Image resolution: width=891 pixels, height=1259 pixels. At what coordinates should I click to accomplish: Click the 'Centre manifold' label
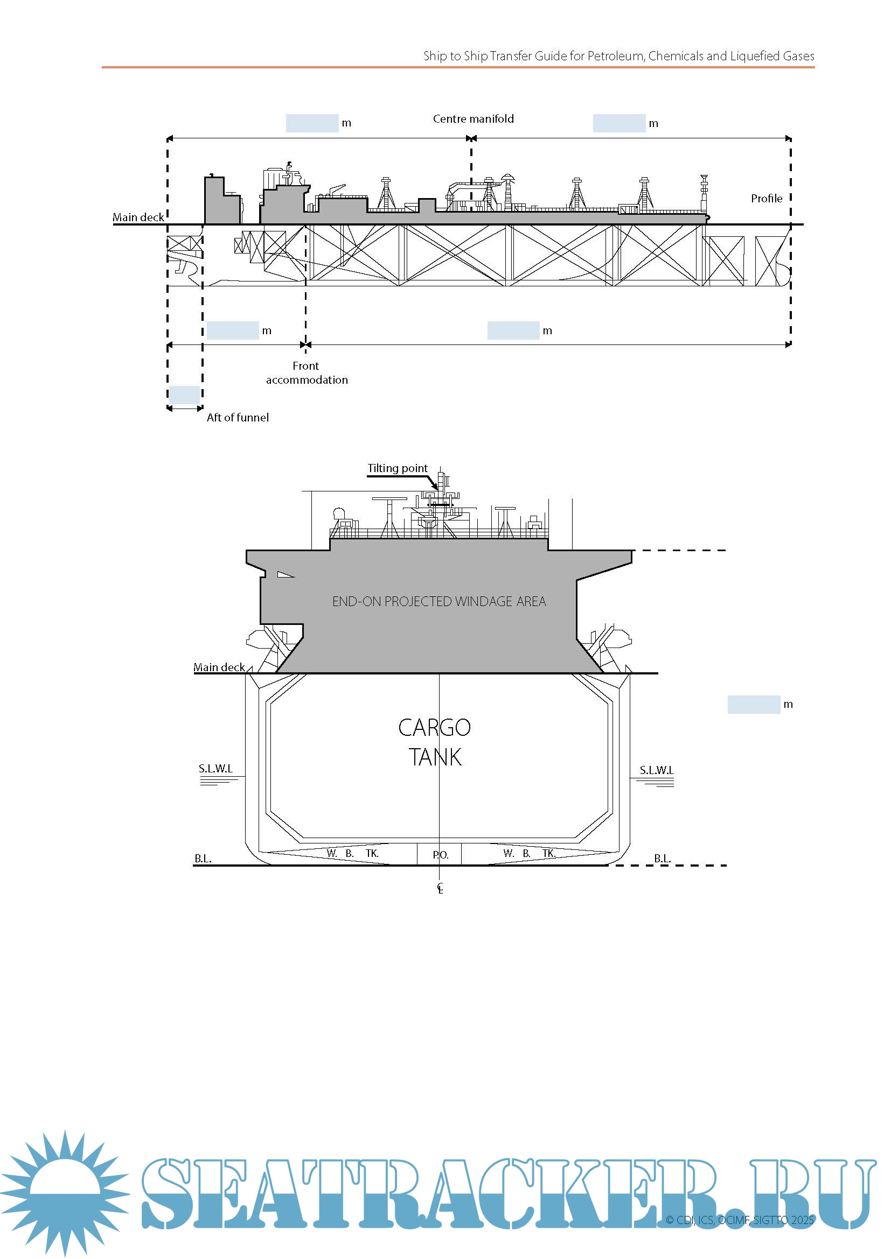point(473,119)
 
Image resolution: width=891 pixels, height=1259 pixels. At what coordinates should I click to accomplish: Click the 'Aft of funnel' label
point(238,418)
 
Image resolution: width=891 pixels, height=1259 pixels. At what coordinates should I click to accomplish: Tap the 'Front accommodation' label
point(306,373)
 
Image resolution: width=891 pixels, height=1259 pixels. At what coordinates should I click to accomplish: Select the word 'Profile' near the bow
point(767,199)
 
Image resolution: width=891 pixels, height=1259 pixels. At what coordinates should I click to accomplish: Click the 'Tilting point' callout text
point(397,468)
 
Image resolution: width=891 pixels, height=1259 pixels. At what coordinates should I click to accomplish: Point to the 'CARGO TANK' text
point(435,742)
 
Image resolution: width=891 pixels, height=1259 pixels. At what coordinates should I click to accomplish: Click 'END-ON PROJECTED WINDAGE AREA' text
point(439,602)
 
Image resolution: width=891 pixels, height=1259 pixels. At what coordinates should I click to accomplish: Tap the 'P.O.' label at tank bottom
point(440,855)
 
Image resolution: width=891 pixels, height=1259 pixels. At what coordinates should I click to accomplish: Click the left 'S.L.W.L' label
point(215,769)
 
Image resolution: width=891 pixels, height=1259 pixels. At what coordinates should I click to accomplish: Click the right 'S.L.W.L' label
point(656,770)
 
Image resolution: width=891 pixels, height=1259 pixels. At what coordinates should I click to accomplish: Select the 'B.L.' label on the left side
point(203,859)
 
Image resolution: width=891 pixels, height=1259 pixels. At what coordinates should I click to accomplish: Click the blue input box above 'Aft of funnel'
point(184,395)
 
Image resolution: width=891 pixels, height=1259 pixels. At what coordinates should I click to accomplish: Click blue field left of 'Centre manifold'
point(311,123)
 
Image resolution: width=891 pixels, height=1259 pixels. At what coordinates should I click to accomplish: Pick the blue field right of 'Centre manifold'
point(619,123)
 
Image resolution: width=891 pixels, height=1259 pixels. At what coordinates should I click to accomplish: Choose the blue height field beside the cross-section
point(753,705)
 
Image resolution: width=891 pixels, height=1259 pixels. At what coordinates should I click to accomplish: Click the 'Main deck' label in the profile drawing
point(138,217)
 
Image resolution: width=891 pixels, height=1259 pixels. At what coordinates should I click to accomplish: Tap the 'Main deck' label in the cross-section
point(219,667)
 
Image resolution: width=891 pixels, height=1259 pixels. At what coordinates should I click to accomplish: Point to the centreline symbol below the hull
point(440,888)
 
